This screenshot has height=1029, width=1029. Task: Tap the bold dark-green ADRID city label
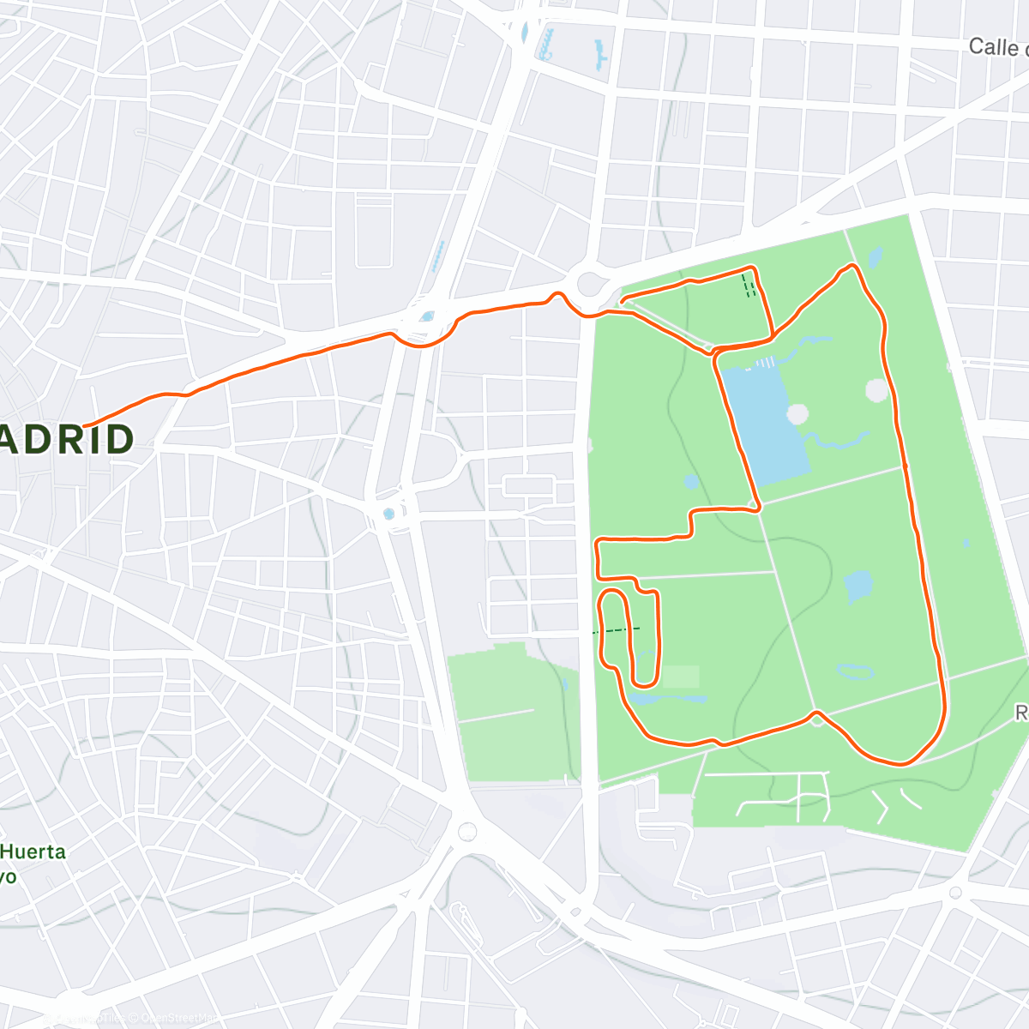tap(67, 440)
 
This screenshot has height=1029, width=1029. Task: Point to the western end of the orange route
tap(85, 425)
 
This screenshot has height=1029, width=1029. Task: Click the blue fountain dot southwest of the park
tap(388, 514)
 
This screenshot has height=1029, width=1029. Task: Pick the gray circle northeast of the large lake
tap(877, 391)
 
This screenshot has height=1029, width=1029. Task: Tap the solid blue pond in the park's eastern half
tap(858, 587)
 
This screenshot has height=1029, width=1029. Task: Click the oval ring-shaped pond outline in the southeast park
tap(853, 671)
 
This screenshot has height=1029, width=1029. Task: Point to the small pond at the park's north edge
tap(874, 256)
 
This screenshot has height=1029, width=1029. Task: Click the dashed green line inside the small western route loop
tap(617, 630)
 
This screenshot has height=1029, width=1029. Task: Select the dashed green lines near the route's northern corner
tap(749, 286)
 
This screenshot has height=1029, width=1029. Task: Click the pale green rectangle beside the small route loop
tap(680, 677)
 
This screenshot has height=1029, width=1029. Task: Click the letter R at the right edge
tap(1021, 713)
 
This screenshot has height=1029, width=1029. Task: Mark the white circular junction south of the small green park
tap(467, 831)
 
